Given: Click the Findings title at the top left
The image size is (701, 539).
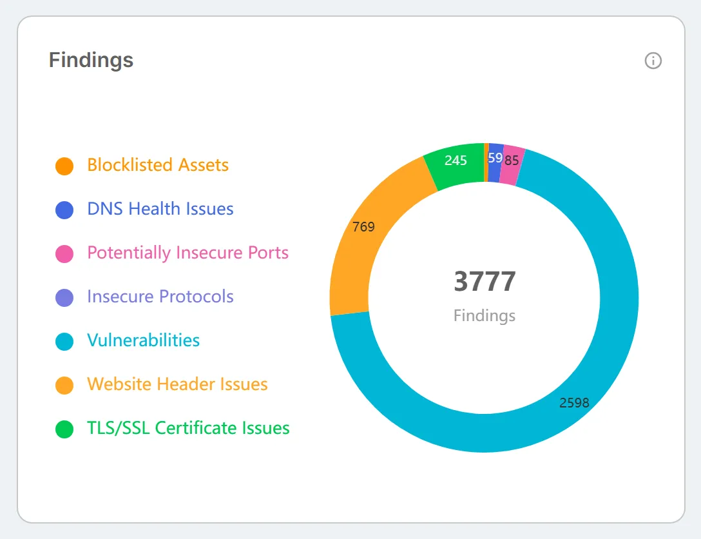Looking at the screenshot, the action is tap(91, 61).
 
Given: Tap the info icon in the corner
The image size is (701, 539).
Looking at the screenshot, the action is tap(653, 61).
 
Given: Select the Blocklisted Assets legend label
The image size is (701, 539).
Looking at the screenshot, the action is tap(158, 165).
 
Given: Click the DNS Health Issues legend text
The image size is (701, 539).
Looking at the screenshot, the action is tap(160, 209).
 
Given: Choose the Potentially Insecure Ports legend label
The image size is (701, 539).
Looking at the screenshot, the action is tap(187, 253).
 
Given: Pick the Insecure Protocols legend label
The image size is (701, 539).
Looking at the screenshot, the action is tap(160, 297).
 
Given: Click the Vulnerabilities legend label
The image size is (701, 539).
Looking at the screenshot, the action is tap(143, 340).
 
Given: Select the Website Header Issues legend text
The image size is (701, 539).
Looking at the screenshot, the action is tap(177, 384).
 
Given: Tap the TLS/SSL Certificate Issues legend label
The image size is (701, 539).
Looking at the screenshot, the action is tap(188, 428).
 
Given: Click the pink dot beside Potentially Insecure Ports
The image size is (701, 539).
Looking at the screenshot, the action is tap(64, 253).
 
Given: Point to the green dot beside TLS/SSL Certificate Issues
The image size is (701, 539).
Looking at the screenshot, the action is tap(64, 429).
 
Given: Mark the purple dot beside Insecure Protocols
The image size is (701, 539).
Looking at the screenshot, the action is tap(64, 297).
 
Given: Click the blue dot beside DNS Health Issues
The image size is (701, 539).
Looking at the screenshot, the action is tap(64, 210).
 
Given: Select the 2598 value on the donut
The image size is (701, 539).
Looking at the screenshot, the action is tap(574, 403).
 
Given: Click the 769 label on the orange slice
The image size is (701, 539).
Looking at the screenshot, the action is tap(363, 227).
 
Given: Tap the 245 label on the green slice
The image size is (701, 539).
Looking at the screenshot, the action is tap(456, 160).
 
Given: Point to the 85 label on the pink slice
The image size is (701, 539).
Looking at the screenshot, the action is tap(512, 160).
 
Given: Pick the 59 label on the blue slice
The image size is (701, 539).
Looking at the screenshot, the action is tap(495, 157).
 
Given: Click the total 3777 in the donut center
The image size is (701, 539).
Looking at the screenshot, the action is tap(485, 281).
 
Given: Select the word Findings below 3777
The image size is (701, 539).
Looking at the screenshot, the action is tap(484, 316).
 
